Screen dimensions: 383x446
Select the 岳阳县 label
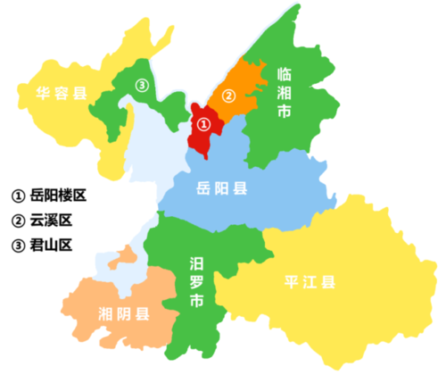(x=222, y=188)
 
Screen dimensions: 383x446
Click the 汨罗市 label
(x=196, y=284)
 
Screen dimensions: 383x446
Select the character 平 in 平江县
(x=287, y=282)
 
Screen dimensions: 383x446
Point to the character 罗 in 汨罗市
(x=196, y=284)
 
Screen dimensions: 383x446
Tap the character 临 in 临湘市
(x=285, y=74)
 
